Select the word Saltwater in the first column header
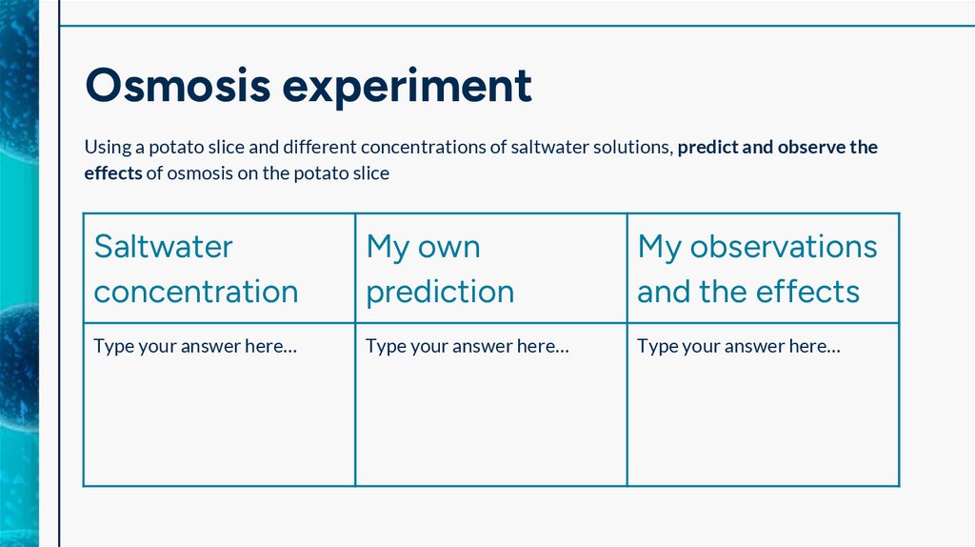[x=163, y=247]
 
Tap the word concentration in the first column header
[x=196, y=292]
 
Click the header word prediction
[x=440, y=292]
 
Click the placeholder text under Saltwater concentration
[x=195, y=347]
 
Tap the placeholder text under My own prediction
[x=467, y=347]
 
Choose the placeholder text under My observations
[x=738, y=347]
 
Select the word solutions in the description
[x=637, y=148]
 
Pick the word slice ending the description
[x=369, y=174]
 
